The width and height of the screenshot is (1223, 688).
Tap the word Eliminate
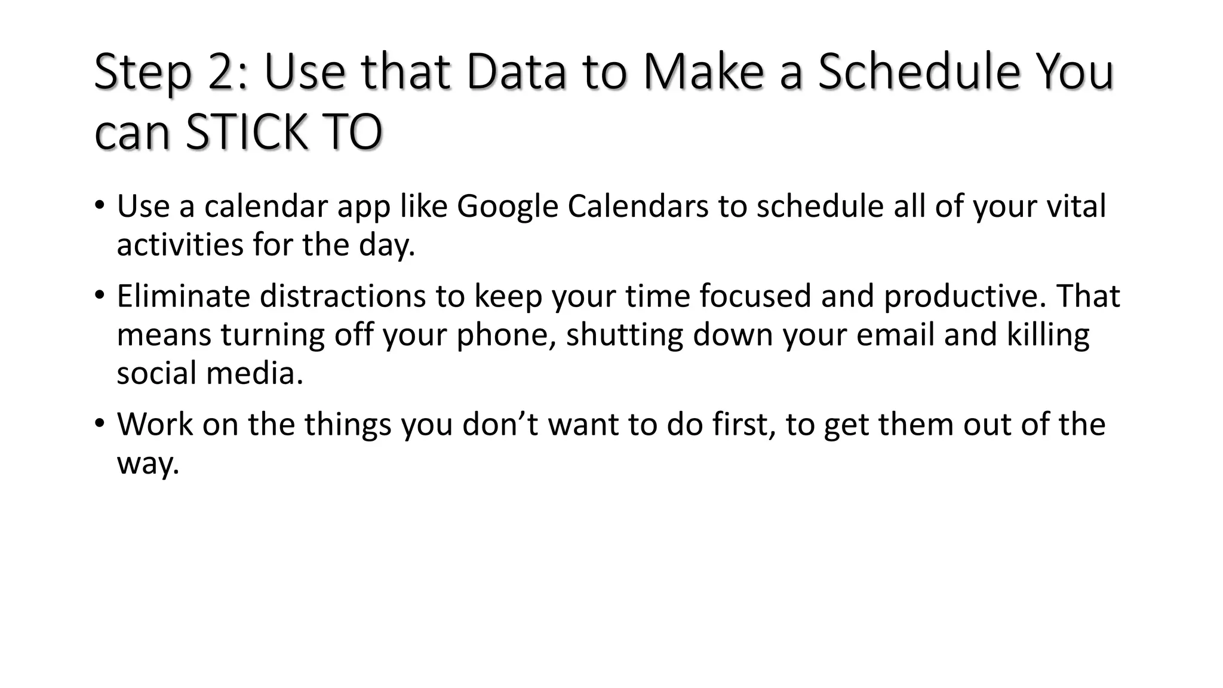(183, 296)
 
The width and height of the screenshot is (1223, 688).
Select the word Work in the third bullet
(155, 425)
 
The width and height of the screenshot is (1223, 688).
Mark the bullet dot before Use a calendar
(99, 206)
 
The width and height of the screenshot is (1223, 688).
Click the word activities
(180, 245)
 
